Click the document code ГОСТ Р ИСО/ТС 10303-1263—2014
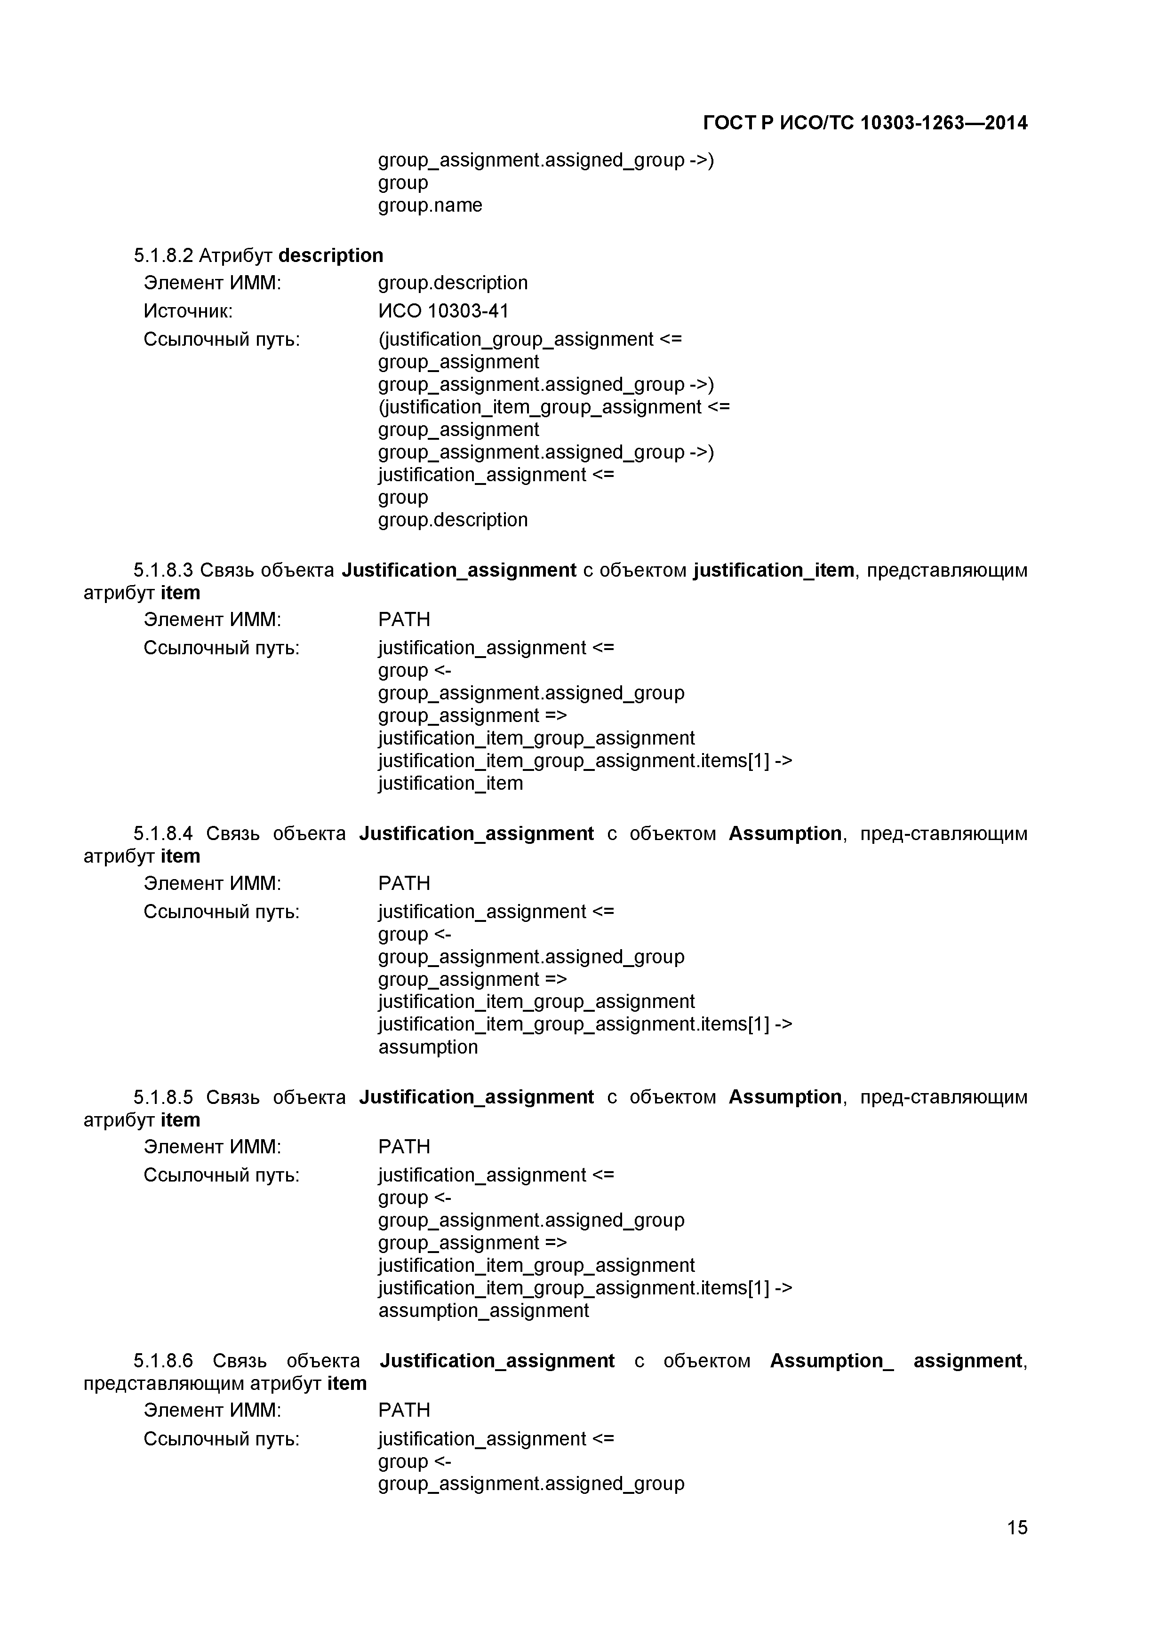(x=864, y=123)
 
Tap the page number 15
(x=1017, y=1547)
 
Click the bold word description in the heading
(x=331, y=256)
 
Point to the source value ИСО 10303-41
(x=443, y=311)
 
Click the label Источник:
(x=188, y=311)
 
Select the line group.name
(x=430, y=206)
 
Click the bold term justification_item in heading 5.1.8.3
(x=774, y=571)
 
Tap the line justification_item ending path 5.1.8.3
(x=450, y=783)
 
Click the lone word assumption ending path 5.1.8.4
(x=428, y=1047)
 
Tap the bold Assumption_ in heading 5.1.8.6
(x=831, y=1361)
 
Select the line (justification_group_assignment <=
(x=530, y=339)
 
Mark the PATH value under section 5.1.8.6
(x=404, y=1411)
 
